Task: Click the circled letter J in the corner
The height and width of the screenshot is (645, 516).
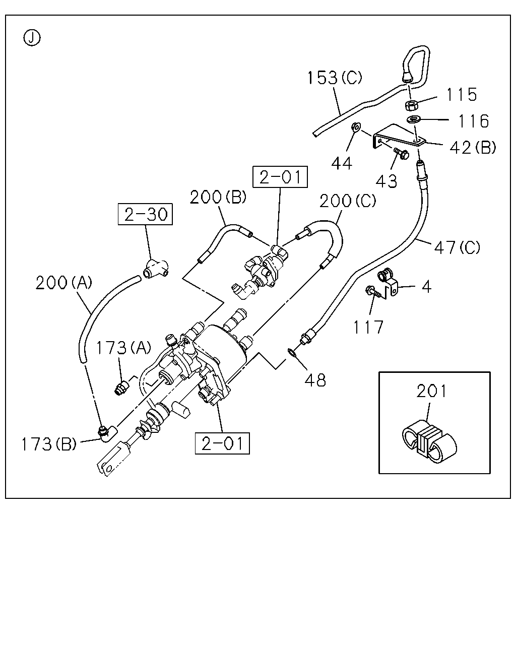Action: click(x=32, y=38)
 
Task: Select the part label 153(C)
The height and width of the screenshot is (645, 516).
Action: click(x=335, y=77)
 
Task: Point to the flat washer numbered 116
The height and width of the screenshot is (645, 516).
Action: click(x=414, y=119)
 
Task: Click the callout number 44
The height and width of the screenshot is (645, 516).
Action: click(x=342, y=164)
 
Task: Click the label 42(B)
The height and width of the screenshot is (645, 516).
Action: click(x=473, y=148)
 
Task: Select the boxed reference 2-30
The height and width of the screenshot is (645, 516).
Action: click(x=146, y=214)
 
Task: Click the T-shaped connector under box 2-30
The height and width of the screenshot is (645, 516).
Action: click(x=156, y=268)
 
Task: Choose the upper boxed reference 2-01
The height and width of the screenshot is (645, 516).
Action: click(x=280, y=177)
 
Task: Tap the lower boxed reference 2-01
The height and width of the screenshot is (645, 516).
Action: click(x=222, y=443)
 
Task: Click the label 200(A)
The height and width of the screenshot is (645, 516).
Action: click(x=64, y=283)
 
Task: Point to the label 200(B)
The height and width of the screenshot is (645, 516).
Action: click(x=218, y=197)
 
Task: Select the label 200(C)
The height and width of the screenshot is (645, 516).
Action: click(x=348, y=201)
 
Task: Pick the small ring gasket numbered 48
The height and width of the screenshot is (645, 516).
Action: click(x=291, y=352)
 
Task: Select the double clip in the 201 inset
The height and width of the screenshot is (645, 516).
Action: click(x=429, y=441)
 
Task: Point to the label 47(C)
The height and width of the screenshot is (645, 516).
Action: click(x=457, y=247)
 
